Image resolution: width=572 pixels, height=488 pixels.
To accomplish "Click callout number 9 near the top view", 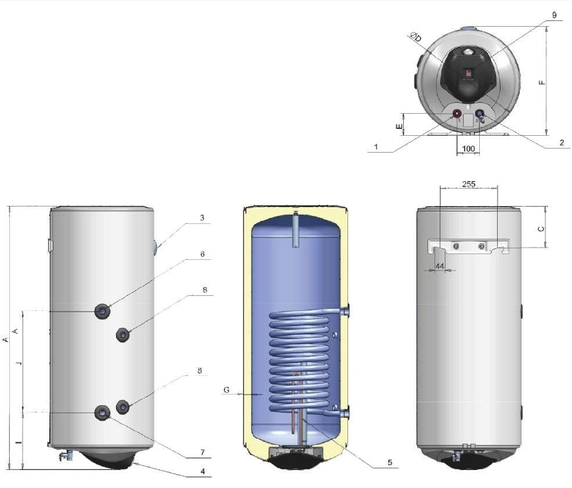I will coord(554,16).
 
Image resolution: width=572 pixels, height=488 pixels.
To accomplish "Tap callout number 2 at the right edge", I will coord(562,142).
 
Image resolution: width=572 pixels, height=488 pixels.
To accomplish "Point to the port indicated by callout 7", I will coord(103,412).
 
